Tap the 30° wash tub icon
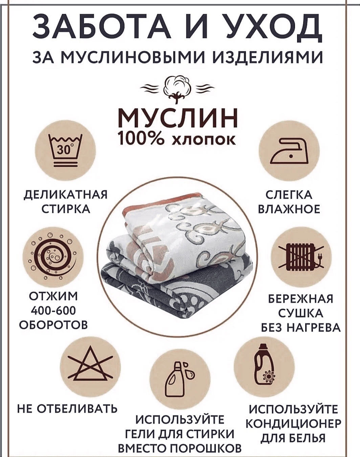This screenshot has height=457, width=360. tap(65, 151)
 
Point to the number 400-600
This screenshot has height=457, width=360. tap(53, 311)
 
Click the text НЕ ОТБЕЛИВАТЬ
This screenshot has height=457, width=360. tap(67, 409)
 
